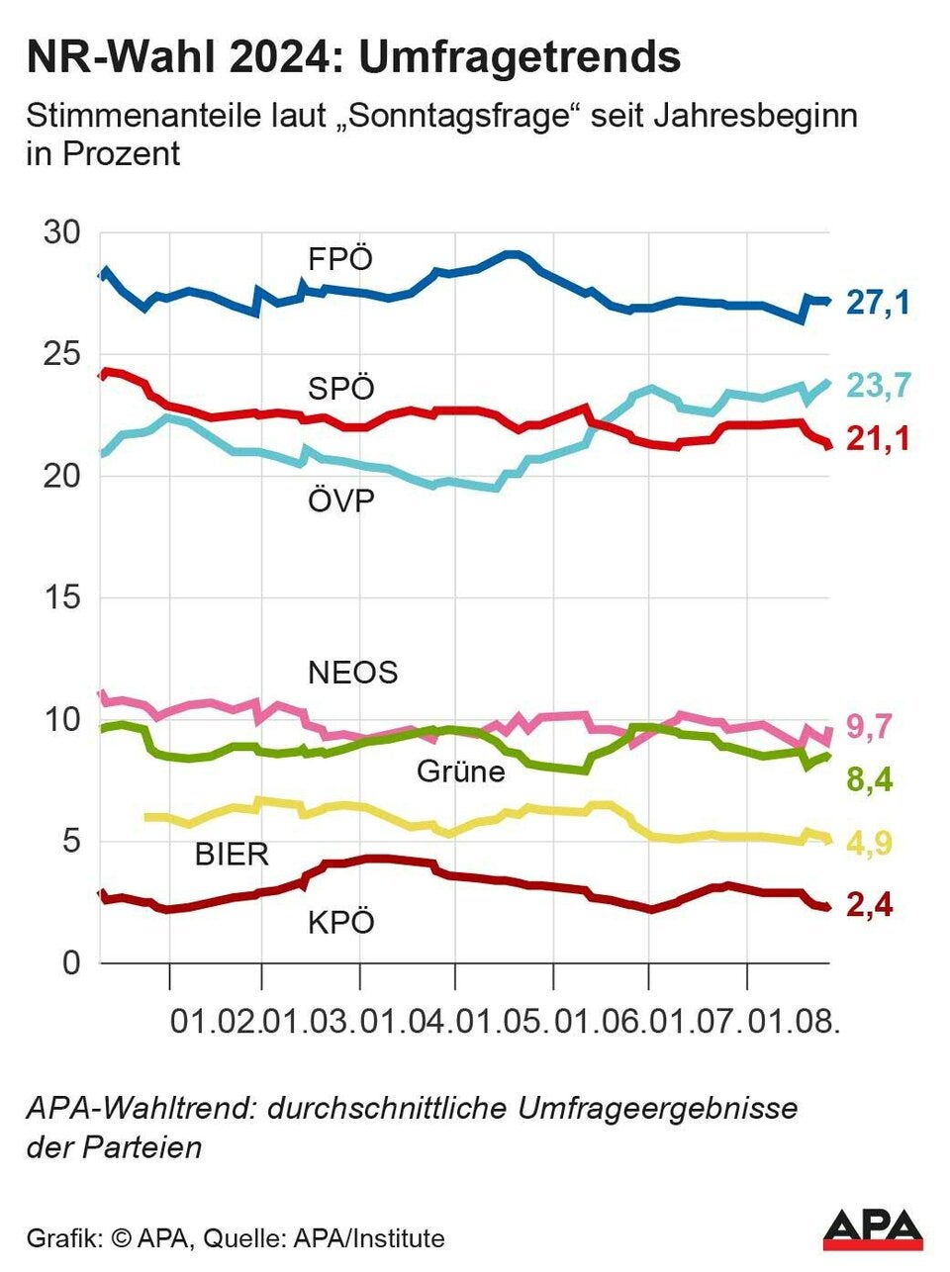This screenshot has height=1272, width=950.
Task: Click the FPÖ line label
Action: tap(340, 259)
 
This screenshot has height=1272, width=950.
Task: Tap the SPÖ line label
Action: tap(340, 388)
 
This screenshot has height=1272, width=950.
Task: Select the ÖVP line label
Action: tap(340, 500)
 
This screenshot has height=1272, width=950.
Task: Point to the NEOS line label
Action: tap(352, 673)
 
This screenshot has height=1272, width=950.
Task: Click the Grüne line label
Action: tap(460, 771)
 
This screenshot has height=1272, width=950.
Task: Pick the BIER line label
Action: tap(232, 854)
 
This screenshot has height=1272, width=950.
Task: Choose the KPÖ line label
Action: tap(340, 923)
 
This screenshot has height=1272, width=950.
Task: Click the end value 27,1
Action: tap(877, 302)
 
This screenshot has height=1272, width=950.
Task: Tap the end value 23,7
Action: tap(877, 385)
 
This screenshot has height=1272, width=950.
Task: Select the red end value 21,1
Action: tap(877, 438)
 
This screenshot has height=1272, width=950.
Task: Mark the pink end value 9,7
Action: tap(870, 727)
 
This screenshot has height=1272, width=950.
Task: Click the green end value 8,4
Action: tap(870, 780)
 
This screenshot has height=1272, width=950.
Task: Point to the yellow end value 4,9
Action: tap(870, 843)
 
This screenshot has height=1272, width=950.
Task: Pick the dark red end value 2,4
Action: tap(870, 904)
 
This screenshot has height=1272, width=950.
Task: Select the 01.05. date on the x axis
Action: tap(504, 1020)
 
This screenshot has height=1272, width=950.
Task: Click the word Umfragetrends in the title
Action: tap(519, 57)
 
